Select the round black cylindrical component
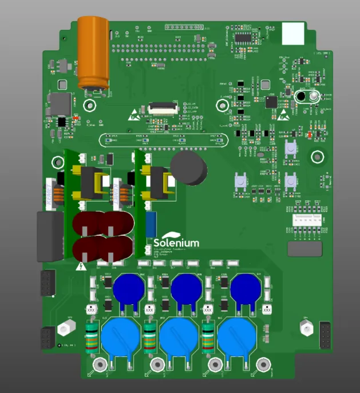189,167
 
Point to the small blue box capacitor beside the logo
151,221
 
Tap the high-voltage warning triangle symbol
81,265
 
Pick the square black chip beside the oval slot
271,102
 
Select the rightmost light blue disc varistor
236,337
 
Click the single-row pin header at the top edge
184,27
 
